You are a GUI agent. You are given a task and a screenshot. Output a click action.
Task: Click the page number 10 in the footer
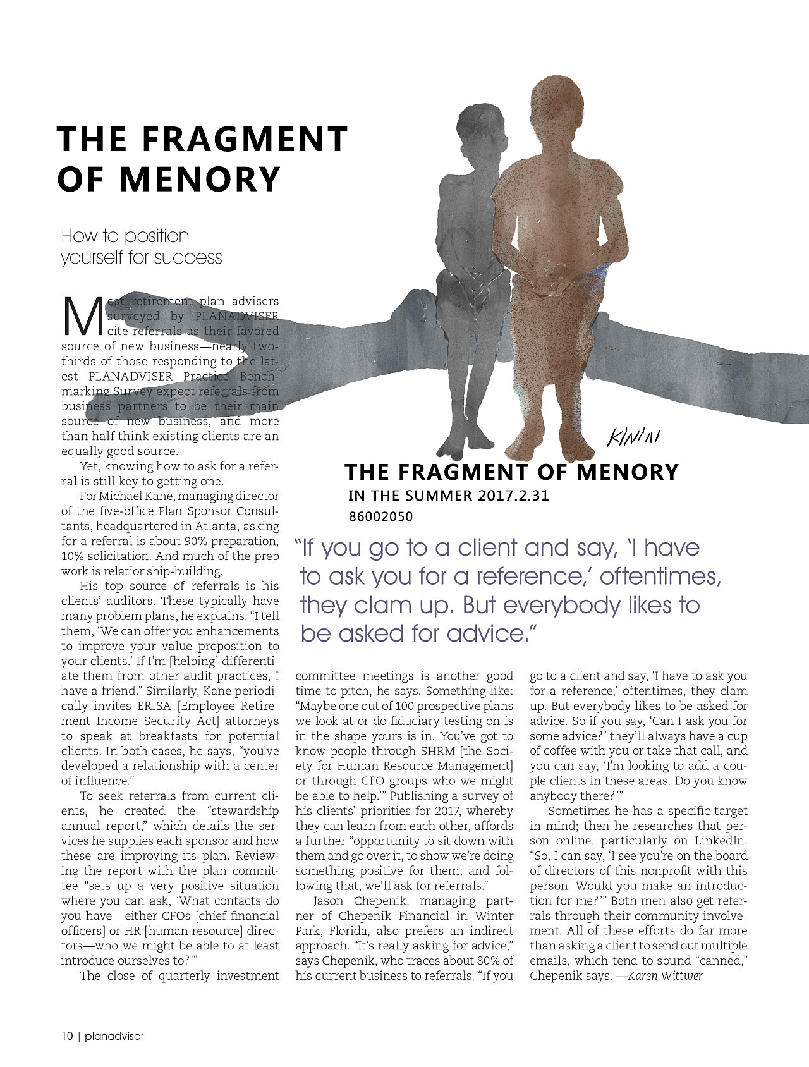tap(67, 1036)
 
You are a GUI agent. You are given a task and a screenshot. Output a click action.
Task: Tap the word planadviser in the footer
tap(114, 1036)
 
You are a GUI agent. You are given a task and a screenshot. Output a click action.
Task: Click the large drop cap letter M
tap(83, 316)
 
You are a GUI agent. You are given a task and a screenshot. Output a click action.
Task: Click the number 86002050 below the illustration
tap(380, 516)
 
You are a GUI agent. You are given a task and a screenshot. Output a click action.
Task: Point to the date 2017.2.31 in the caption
tap(513, 496)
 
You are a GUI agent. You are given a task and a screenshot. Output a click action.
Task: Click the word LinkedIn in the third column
tap(721, 841)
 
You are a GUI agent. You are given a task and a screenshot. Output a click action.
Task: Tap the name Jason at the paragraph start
tap(329, 901)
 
